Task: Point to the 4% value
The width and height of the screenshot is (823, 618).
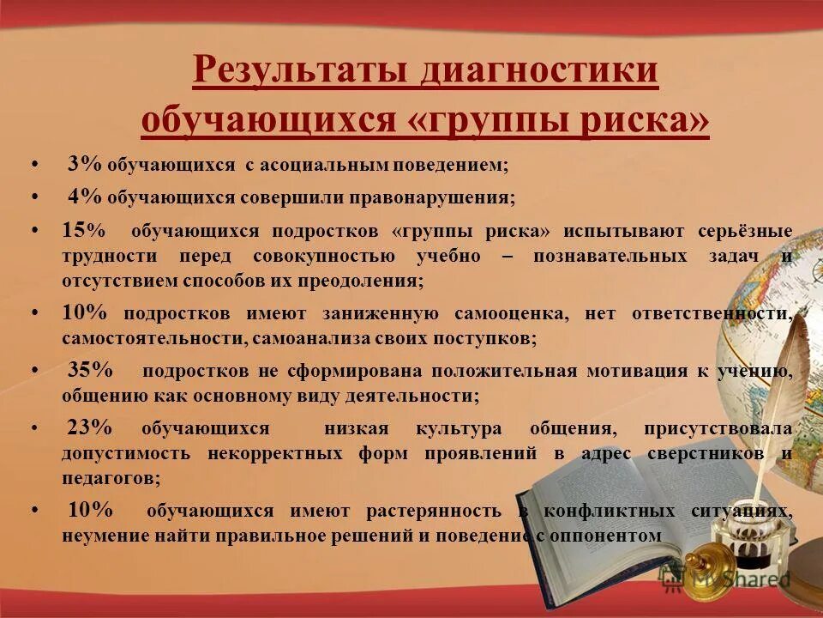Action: pos(86,197)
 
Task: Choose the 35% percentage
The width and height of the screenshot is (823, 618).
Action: pos(90,371)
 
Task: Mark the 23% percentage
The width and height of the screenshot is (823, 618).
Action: pos(90,427)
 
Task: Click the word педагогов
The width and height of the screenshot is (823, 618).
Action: pos(111,478)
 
